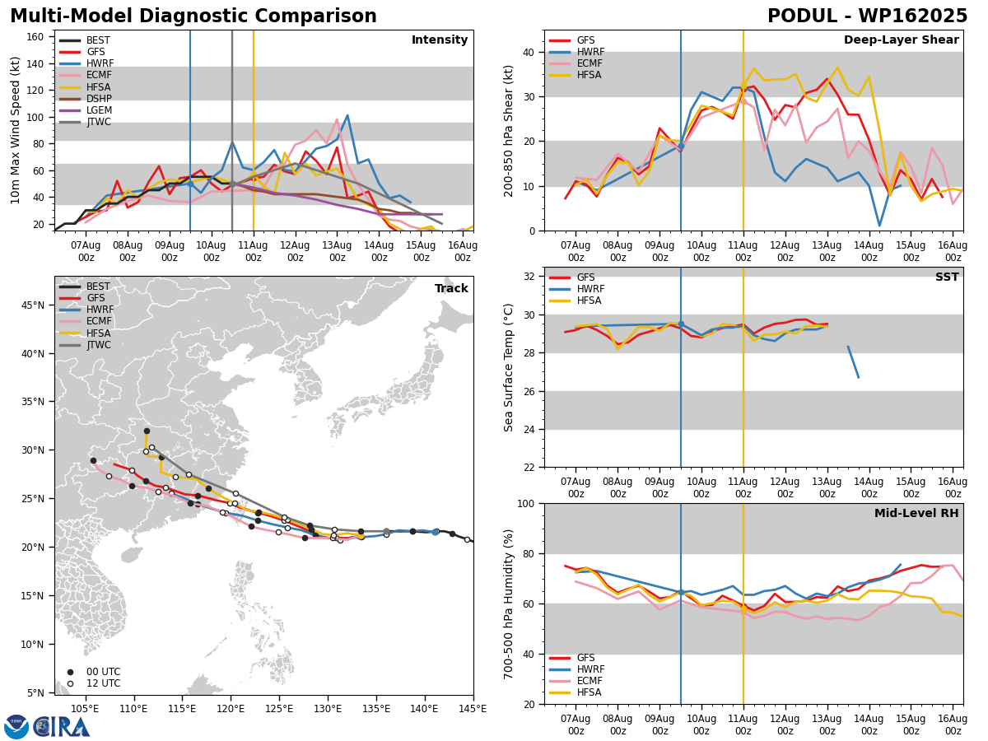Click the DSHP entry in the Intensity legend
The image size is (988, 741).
[85, 99]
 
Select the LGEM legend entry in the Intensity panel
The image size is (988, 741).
[85, 110]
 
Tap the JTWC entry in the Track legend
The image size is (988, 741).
[85, 345]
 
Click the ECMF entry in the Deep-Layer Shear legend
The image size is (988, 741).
[576, 63]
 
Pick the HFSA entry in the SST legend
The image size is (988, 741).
[576, 301]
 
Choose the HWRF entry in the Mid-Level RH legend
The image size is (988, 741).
[576, 669]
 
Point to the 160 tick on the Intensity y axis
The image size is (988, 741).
[35, 37]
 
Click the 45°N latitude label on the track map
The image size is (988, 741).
[33, 305]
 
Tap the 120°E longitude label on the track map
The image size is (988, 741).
[231, 710]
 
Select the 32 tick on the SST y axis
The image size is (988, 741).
[529, 277]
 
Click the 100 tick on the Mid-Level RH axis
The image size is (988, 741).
[526, 504]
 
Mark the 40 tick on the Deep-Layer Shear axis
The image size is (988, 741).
[529, 52]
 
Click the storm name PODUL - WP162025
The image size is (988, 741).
[867, 16]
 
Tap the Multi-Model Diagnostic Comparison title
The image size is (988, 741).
[193, 16]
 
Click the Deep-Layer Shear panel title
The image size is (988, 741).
[901, 40]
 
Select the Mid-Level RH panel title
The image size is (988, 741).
[916, 513]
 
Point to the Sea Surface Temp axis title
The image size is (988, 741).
[508, 367]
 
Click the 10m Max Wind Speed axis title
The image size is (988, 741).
[15, 130]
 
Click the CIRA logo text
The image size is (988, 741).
[62, 728]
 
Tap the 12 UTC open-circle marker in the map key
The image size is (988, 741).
[70, 684]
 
